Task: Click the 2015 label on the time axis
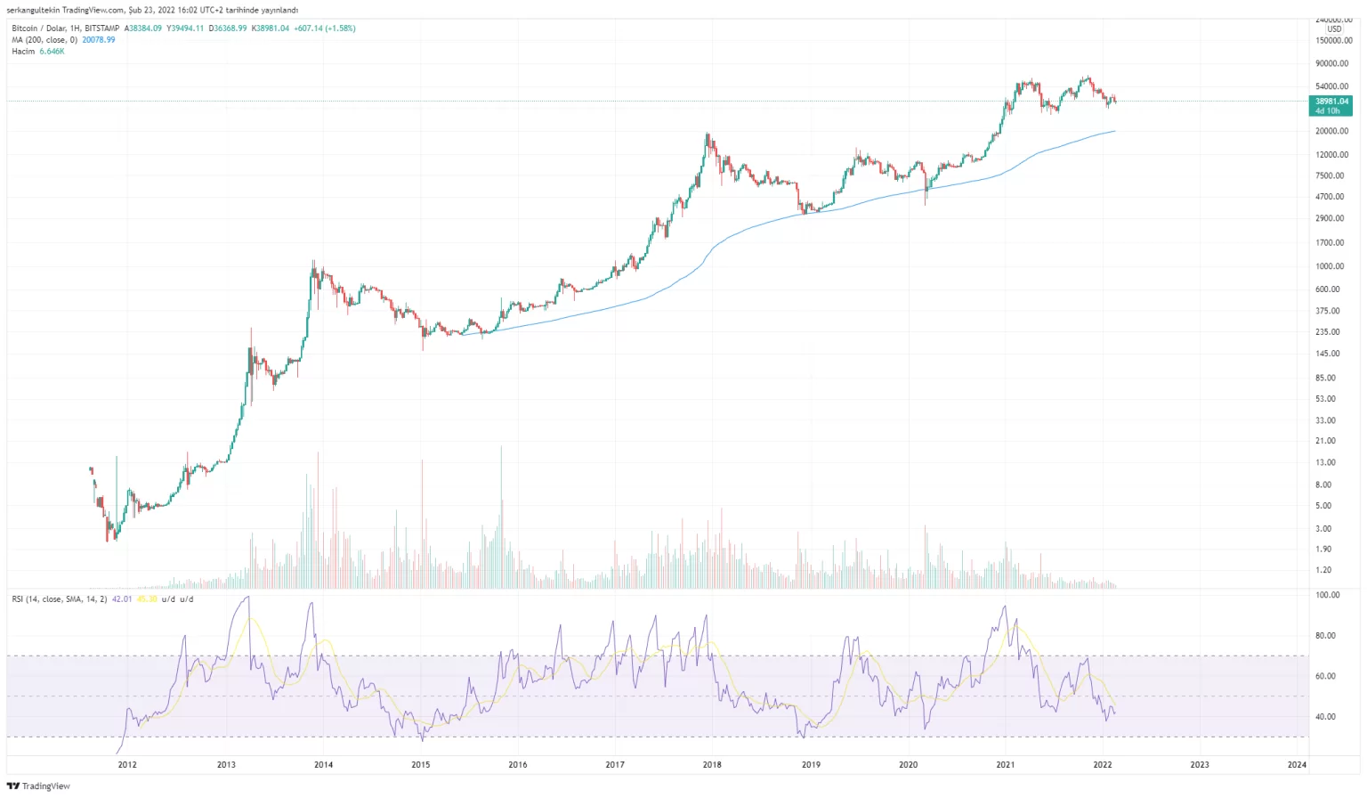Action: point(420,764)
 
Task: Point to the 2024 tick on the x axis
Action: point(1297,764)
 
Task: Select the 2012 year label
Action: point(127,764)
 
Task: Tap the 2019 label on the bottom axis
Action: point(810,764)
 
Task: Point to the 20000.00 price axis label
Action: point(1331,131)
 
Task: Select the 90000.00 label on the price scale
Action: point(1331,63)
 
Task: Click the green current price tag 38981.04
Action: point(1331,102)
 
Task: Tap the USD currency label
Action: point(1334,29)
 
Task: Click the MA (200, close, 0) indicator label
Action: point(44,40)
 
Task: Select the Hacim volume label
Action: point(23,52)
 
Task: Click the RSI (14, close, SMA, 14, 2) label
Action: point(59,599)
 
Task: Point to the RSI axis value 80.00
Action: point(1327,636)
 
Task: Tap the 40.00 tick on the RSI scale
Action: point(1327,717)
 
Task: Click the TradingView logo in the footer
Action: point(38,786)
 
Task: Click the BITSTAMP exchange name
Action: point(101,28)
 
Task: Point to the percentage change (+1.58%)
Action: point(339,28)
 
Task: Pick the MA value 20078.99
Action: point(97,40)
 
